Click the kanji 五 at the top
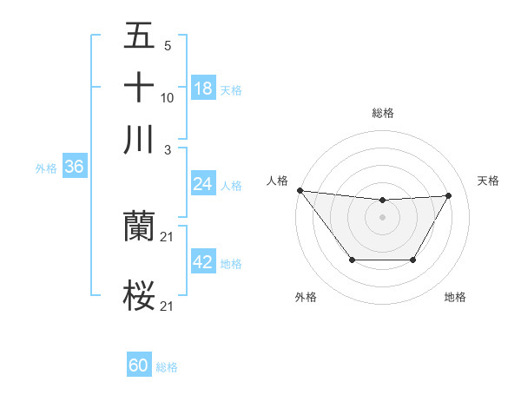139,38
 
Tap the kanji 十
139,88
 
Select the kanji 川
139,139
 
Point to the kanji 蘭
139,227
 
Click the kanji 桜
139,295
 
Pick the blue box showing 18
203,89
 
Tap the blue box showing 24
203,184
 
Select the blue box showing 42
203,262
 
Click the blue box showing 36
74,168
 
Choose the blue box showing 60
139,366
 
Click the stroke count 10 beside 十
168,97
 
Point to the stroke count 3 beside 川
168,148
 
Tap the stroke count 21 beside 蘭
168,237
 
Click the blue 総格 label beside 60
167,367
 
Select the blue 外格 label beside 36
46,168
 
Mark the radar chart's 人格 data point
300,190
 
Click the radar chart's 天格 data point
449,196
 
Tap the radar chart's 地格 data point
412,260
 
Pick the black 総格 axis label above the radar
383,113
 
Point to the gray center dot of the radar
383,216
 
